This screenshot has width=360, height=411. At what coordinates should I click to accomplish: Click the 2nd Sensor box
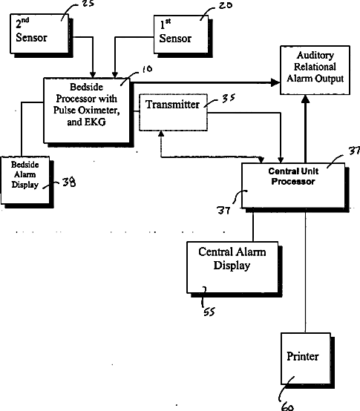[41, 35]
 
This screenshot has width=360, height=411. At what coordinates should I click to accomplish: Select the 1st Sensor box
[183, 36]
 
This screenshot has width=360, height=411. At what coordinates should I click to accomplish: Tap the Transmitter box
[173, 112]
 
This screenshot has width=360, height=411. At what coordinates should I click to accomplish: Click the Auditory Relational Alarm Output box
[315, 70]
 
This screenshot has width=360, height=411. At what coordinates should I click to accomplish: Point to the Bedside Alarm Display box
[27, 182]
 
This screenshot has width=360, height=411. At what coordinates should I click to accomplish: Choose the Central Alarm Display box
[234, 269]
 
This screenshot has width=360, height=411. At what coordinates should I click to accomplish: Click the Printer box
[307, 361]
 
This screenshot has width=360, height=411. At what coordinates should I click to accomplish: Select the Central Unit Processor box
[295, 187]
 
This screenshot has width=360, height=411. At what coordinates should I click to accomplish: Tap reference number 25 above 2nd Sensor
[88, 3]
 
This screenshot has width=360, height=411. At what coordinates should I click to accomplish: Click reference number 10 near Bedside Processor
[147, 69]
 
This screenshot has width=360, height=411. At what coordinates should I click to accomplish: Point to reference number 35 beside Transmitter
[229, 98]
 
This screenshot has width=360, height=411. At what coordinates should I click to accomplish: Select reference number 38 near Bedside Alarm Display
[69, 182]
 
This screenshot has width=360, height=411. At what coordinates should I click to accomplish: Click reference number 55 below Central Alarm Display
[209, 312]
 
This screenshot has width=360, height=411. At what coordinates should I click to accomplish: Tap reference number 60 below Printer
[287, 407]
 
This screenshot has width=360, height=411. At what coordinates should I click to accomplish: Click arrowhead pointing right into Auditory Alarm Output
[275, 82]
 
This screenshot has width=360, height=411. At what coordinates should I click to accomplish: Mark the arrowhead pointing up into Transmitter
[161, 134]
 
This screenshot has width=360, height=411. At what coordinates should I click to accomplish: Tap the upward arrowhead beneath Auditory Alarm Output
[305, 99]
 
